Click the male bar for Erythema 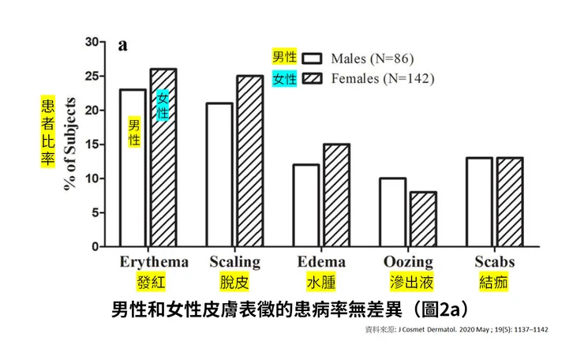click(x=133, y=189)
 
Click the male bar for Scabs click(x=479, y=202)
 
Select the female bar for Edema click(x=336, y=196)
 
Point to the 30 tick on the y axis click(x=92, y=42)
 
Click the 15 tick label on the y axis click(x=92, y=144)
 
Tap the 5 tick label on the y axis click(x=95, y=212)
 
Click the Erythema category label click(x=154, y=262)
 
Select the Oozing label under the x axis click(x=407, y=262)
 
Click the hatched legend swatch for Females click(x=314, y=78)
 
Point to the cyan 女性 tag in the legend click(x=284, y=79)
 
